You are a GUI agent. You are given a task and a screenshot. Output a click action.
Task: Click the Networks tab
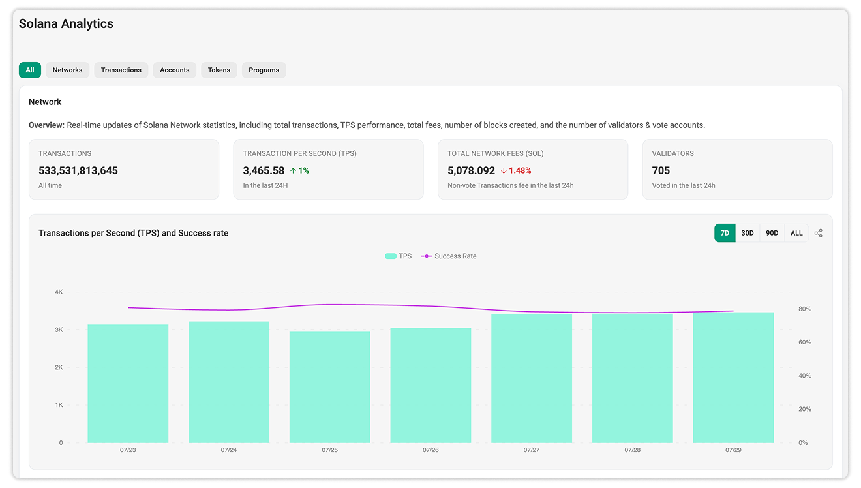(x=67, y=70)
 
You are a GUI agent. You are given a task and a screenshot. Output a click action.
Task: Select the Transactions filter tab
(x=121, y=70)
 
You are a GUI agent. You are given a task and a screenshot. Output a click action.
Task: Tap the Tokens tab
(x=219, y=70)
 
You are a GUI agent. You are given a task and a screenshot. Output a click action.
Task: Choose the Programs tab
(x=264, y=70)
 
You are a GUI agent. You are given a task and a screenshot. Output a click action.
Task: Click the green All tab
(x=30, y=70)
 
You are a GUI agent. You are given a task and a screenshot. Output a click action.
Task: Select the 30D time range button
(x=748, y=233)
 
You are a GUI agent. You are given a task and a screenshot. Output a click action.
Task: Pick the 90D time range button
(x=772, y=233)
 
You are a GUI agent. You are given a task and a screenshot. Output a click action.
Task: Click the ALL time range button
(x=796, y=233)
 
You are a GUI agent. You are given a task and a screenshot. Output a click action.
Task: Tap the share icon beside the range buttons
(x=819, y=233)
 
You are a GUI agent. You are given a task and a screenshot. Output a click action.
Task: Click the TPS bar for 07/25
(x=330, y=387)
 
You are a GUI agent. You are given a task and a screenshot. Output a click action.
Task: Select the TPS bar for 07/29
(x=733, y=377)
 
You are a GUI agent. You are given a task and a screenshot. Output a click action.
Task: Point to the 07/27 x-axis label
(x=531, y=450)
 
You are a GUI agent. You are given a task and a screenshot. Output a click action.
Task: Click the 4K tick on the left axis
(x=59, y=292)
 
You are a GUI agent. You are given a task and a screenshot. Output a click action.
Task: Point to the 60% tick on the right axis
(x=805, y=343)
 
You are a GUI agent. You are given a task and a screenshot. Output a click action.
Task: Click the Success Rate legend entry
(x=449, y=256)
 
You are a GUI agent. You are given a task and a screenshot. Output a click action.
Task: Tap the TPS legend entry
(x=398, y=256)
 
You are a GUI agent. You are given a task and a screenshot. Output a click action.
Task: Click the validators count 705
(x=661, y=170)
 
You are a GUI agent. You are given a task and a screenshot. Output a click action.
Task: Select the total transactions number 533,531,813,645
(x=78, y=170)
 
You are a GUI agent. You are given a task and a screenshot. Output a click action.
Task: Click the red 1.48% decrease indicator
(x=516, y=170)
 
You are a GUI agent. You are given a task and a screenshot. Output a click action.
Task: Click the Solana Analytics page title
(x=66, y=24)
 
